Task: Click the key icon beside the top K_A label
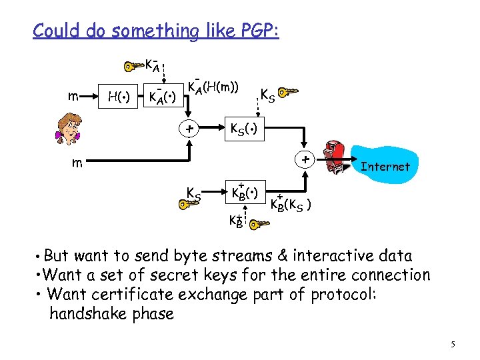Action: (133, 65)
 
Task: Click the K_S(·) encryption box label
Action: (246, 127)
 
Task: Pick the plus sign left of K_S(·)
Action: (190, 128)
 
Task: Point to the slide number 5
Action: (453, 345)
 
